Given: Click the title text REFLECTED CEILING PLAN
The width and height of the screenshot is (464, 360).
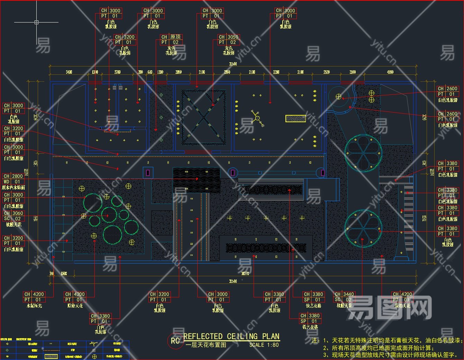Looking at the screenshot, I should (231, 336).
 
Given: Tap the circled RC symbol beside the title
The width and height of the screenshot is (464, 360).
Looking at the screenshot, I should (175, 341).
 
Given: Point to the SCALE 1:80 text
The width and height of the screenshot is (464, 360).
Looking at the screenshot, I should (264, 345).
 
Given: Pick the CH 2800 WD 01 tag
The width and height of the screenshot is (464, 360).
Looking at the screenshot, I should (13, 179).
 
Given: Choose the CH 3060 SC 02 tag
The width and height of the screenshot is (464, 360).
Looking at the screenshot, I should (13, 216).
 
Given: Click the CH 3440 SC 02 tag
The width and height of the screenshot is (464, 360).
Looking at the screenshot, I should (344, 297).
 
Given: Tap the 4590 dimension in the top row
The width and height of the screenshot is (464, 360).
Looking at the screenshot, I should (390, 72).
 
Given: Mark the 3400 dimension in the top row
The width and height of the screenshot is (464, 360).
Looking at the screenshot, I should (69, 72).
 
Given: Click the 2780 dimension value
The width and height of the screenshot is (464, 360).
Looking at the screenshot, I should (117, 72).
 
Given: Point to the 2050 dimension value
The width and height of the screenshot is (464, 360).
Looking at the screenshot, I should (179, 72).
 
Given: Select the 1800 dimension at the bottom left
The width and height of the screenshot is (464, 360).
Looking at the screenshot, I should (64, 273).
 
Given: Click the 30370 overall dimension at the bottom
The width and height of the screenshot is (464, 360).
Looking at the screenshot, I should (245, 273).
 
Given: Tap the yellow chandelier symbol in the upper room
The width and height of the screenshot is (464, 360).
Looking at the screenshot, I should (257, 118).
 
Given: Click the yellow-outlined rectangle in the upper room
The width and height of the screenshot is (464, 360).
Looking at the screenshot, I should (295, 118).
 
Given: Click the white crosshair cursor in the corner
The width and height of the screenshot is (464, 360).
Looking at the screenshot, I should (36, 22).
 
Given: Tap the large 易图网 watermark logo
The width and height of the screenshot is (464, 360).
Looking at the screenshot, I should (389, 307).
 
